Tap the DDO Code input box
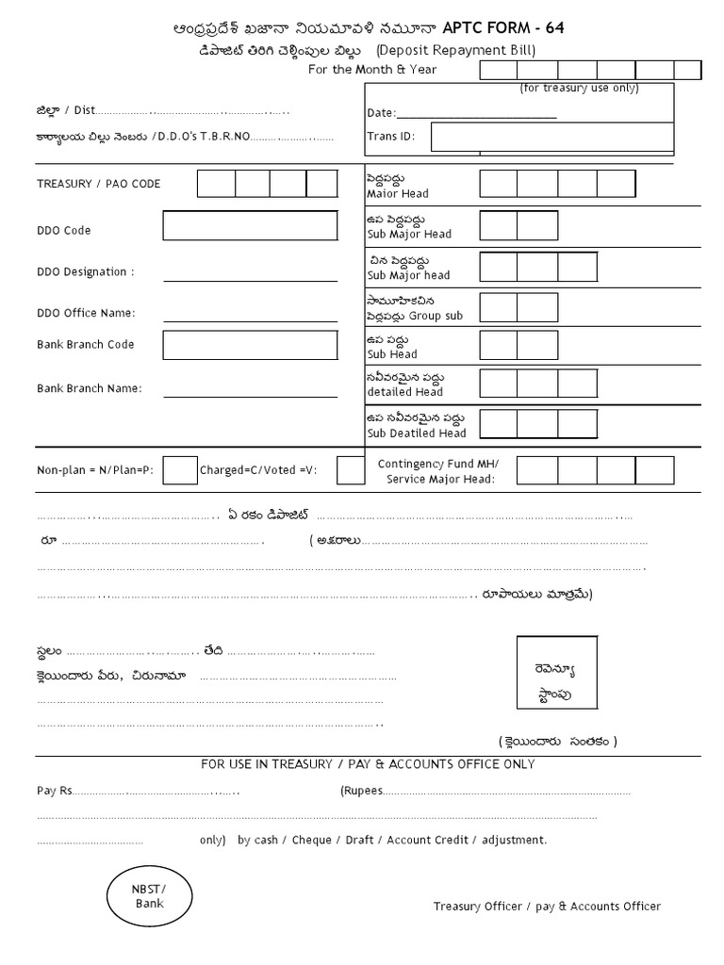point(250,226)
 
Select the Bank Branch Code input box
point(250,345)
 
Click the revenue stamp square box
point(556,673)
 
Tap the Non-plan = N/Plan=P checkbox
point(180,469)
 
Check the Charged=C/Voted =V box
point(351,469)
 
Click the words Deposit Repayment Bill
point(456,50)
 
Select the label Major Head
point(397,193)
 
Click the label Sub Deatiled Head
point(416,433)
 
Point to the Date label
point(381,113)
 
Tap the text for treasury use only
point(579,89)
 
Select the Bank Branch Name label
point(90,388)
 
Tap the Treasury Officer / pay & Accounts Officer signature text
point(547,907)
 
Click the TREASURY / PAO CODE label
point(99,184)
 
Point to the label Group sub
point(430,316)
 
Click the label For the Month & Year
point(372,70)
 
